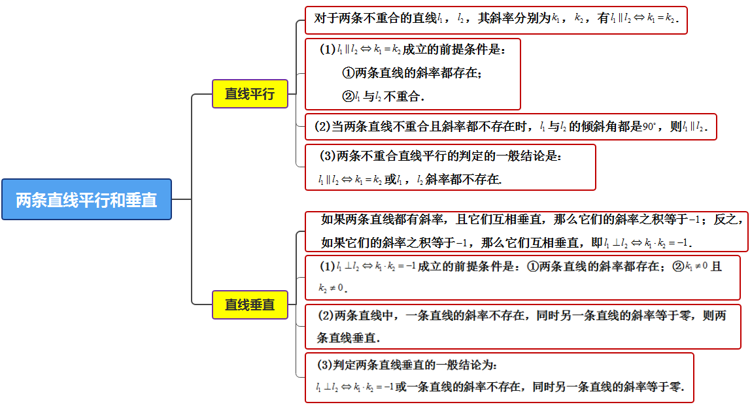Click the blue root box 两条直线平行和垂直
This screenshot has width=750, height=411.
[86, 199]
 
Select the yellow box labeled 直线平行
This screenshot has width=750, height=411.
[250, 93]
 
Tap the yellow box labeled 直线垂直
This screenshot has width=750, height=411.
[250, 304]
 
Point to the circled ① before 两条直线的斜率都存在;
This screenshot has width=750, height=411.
[349, 73]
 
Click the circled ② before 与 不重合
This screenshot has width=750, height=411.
[349, 96]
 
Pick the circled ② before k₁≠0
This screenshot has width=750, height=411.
[678, 266]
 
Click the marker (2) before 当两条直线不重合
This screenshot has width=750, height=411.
[322, 127]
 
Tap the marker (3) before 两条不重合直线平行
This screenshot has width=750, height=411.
[328, 156]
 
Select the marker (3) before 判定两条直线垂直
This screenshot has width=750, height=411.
[325, 365]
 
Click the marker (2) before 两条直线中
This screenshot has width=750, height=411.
[326, 316]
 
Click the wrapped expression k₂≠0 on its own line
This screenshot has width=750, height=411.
[331, 288]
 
